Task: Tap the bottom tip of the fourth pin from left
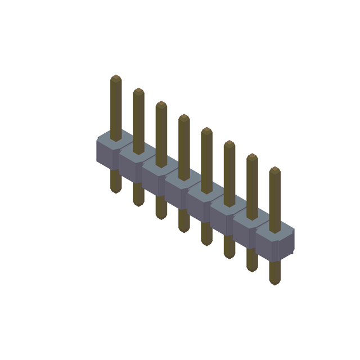coord(184,231)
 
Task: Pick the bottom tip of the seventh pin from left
coord(252,271)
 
